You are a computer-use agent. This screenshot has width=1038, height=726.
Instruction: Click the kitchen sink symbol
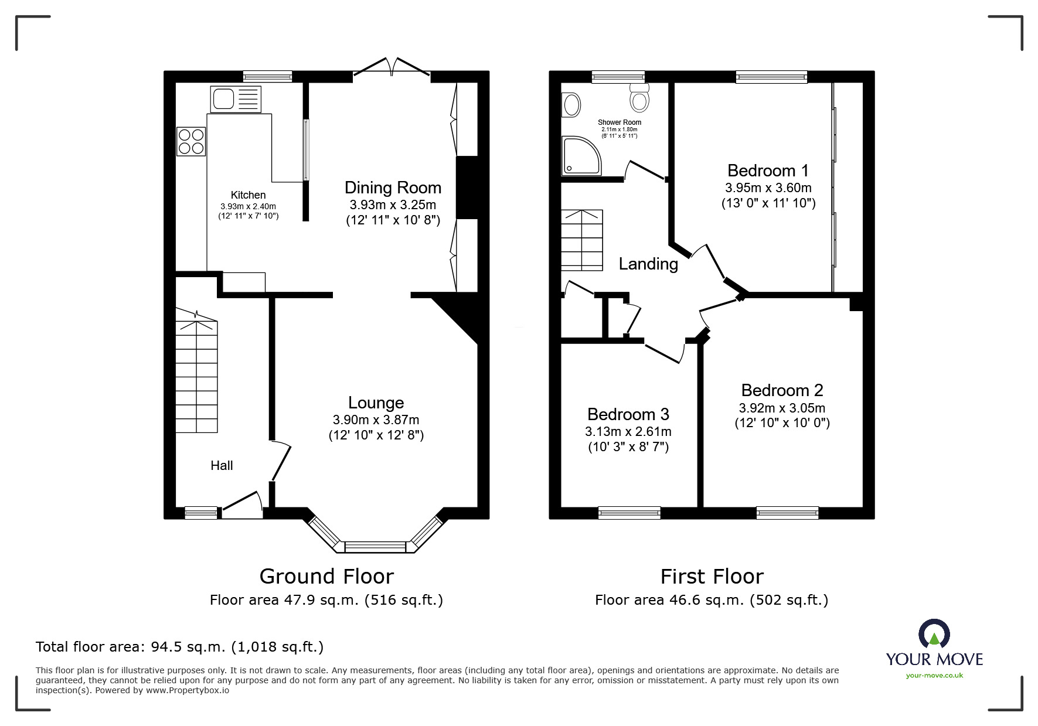coord(236,99)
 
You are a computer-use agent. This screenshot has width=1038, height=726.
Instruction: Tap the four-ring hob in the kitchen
coord(191,141)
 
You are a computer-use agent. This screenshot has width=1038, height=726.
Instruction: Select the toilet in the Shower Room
coord(639,97)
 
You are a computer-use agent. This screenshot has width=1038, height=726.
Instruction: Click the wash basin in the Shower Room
coord(571,105)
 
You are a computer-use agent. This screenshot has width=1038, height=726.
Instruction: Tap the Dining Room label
coord(393,188)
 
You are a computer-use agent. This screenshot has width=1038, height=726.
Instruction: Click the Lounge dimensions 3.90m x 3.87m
coord(376,420)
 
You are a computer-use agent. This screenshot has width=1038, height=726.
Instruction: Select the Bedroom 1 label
coord(768,171)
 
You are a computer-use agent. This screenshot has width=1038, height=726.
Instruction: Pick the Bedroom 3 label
coord(628,414)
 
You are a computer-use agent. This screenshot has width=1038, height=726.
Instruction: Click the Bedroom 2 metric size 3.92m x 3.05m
coord(782,408)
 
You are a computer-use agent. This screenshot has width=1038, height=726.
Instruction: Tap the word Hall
coord(222,465)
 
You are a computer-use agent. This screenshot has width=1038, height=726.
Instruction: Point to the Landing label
coord(648,264)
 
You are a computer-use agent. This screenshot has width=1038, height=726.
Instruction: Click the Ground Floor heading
coord(326,577)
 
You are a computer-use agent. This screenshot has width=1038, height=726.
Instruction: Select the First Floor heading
coord(712,577)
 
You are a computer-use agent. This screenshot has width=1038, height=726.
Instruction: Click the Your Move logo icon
coord(934,634)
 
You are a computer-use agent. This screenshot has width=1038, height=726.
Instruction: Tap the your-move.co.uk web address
coord(934,676)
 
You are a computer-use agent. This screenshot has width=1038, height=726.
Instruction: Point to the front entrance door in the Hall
coord(241,504)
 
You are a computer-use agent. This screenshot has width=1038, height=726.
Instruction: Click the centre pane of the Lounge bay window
coord(375,547)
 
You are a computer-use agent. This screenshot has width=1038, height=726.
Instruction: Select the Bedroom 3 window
coord(629,513)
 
